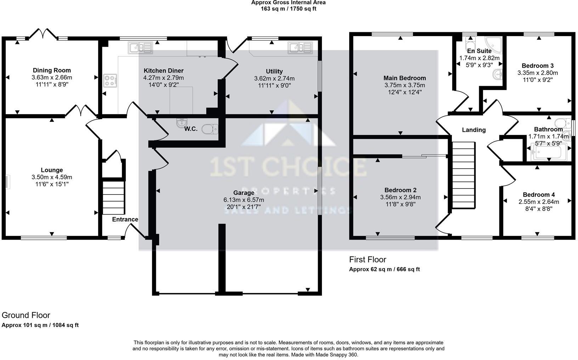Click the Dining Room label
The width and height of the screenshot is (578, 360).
(52, 70)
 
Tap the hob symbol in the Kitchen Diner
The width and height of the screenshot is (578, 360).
(110, 80)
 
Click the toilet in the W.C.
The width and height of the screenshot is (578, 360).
(209, 129)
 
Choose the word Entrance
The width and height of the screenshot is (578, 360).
(125, 219)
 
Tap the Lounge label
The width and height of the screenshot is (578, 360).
(52, 170)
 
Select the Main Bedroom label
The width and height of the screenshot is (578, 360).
(404, 78)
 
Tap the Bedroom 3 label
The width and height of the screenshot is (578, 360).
(537, 66)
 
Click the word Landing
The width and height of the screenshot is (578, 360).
(474, 130)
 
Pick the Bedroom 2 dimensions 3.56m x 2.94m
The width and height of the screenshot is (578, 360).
(400, 197)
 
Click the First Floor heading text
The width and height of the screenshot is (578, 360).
(367, 259)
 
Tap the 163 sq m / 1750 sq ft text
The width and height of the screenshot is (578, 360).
(288, 9)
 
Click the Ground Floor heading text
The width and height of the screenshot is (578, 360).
(26, 315)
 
